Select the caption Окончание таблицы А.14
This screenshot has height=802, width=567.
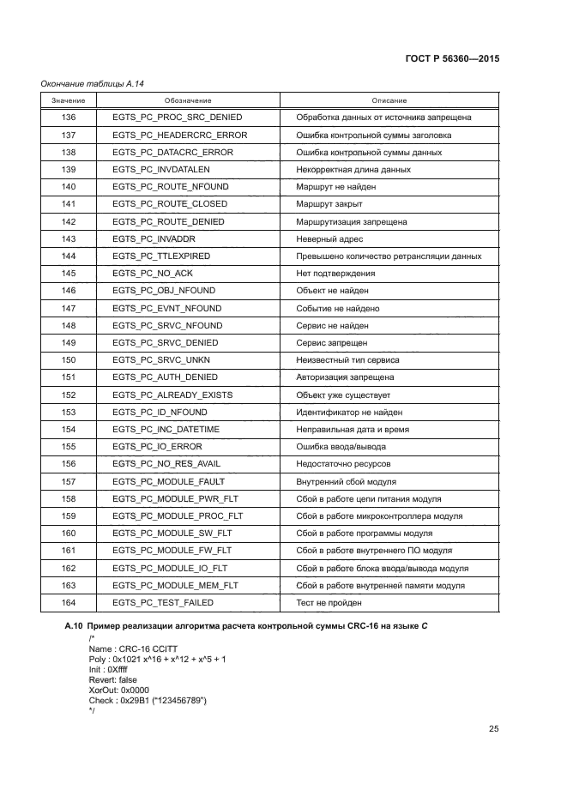pos(88,83)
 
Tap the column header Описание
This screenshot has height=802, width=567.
pos(389,100)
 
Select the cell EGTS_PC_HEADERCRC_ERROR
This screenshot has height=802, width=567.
pos(179,135)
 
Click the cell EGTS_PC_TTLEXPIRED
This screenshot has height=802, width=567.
pos(161,256)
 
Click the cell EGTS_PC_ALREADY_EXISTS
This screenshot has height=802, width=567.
pos(172,395)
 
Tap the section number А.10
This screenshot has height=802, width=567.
pos(75,627)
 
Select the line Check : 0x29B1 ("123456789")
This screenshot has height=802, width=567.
pos(148,701)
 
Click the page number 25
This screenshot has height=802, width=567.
pos(493,730)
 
